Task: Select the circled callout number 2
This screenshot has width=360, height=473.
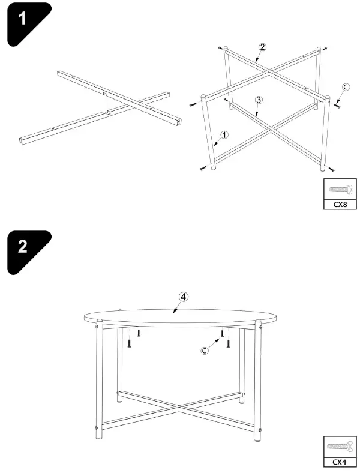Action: (x=262, y=47)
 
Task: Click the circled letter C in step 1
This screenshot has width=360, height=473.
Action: (x=345, y=87)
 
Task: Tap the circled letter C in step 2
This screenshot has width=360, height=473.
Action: (x=205, y=351)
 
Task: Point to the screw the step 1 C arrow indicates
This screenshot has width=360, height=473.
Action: (x=337, y=107)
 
